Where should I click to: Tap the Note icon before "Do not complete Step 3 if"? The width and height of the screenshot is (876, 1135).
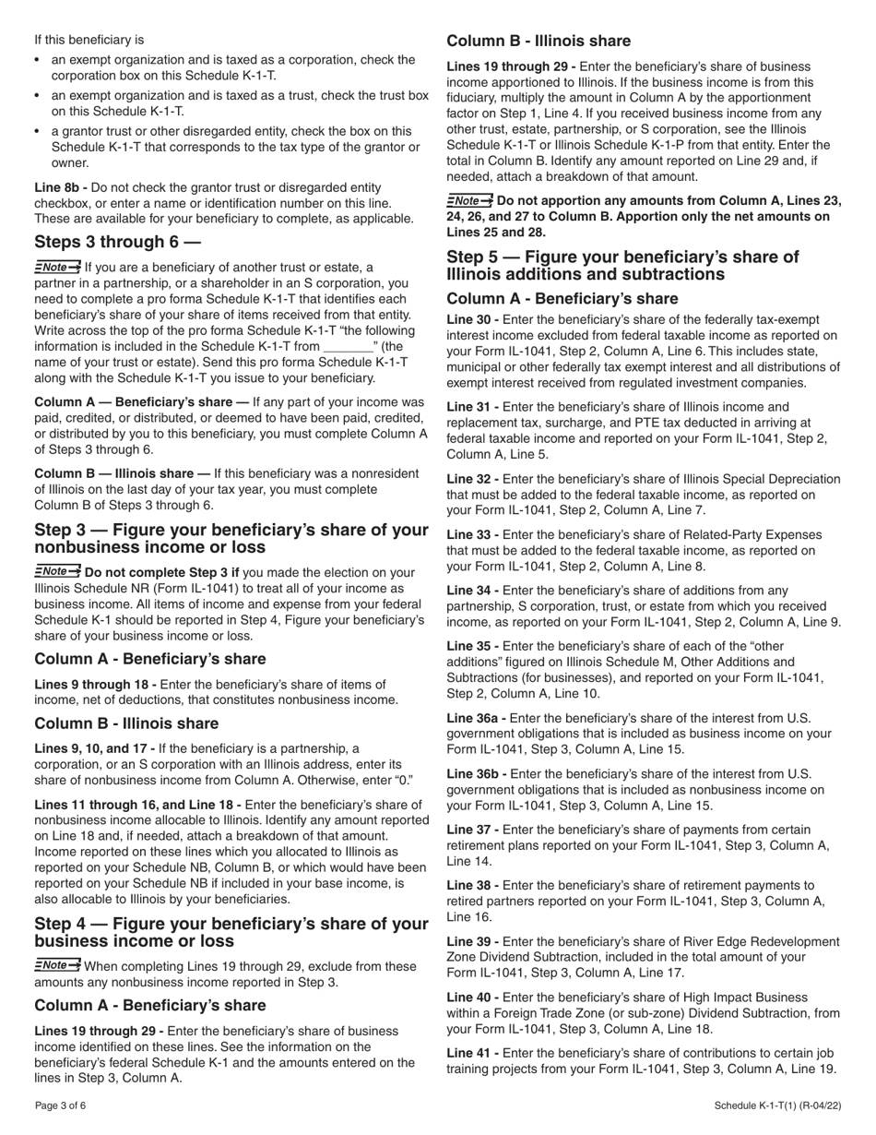57,571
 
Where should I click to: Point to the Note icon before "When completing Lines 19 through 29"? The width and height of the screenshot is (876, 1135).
57,965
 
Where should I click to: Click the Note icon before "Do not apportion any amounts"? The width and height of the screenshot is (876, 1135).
469,200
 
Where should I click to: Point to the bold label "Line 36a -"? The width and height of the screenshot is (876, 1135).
477,718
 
